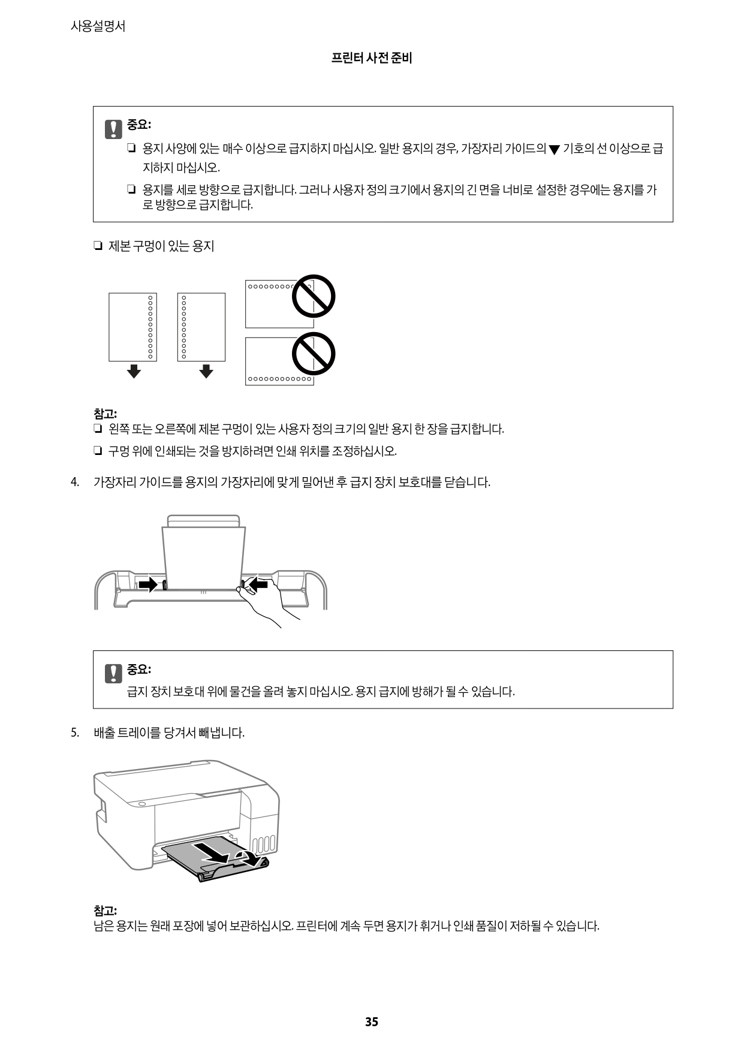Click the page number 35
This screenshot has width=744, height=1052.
372,1021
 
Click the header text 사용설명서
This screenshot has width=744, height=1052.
98,26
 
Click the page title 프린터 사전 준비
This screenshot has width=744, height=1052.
372,58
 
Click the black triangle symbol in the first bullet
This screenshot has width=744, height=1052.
553,150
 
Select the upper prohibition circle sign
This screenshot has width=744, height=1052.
313,296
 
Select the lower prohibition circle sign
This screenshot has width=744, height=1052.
313,353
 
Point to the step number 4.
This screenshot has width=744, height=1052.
75,482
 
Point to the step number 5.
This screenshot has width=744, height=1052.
75,733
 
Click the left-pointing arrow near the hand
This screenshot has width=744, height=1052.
258,583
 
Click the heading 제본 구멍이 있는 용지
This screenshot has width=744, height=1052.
161,246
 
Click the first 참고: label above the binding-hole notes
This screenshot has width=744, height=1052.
105,414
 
